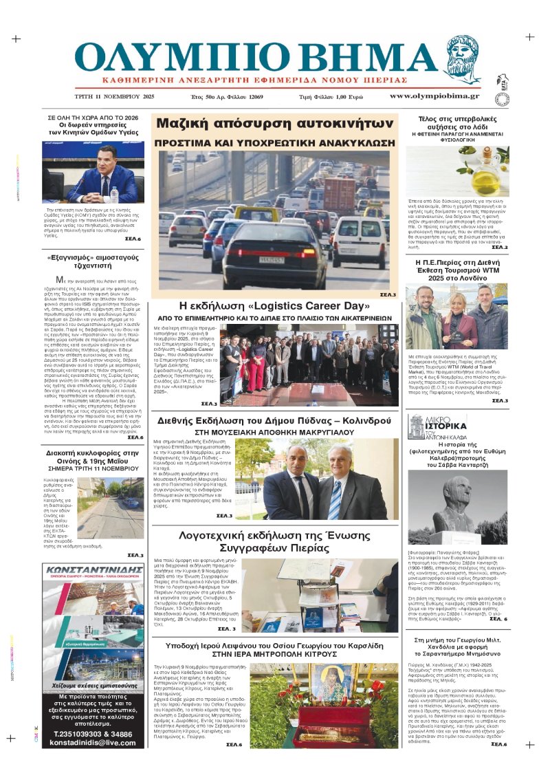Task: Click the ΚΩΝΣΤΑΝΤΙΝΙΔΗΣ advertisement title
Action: pyautogui.click(x=93, y=570)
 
